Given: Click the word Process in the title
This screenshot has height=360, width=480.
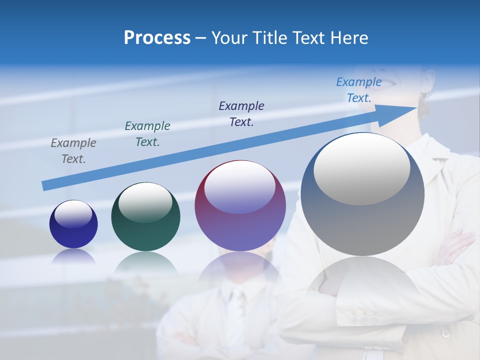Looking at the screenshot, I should pyautogui.click(x=157, y=38).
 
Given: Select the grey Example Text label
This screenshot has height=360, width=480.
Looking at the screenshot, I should pyautogui.click(x=73, y=151).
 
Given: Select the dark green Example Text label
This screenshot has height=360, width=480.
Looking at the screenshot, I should pyautogui.click(x=147, y=134).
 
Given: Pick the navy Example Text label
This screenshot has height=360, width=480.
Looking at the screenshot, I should pyautogui.click(x=241, y=113).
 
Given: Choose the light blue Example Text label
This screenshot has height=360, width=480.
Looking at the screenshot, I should pyautogui.click(x=359, y=90).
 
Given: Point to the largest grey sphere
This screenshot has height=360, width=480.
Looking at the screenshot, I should pyautogui.click(x=362, y=225).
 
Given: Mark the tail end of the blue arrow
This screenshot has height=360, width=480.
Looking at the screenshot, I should pyautogui.click(x=46, y=186).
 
